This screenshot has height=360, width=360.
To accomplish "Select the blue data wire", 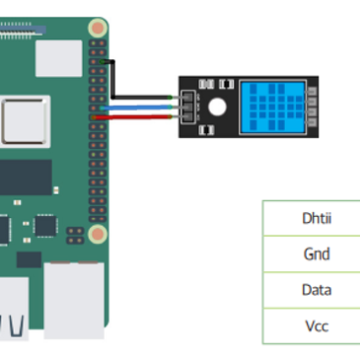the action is pyautogui.click(x=136, y=108).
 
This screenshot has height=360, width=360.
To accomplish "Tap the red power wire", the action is pyautogui.click(x=132, y=117).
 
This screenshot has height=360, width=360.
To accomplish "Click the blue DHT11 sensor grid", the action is pyautogui.click(x=273, y=107).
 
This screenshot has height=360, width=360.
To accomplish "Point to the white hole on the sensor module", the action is pyautogui.click(x=217, y=107).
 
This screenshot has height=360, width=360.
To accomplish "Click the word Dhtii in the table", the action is pyautogui.click(x=317, y=218).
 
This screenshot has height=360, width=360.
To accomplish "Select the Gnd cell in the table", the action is pyautogui.click(x=317, y=254).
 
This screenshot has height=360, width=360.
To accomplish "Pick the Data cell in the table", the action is pyautogui.click(x=317, y=290).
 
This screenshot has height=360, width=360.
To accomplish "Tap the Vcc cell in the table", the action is pyautogui.click(x=317, y=326).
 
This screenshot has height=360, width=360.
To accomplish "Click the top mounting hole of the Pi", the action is pyautogui.click(x=98, y=29).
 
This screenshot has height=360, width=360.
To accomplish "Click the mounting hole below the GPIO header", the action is pyautogui.click(x=98, y=234).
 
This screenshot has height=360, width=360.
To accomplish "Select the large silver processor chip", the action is pyautogui.click(x=24, y=121).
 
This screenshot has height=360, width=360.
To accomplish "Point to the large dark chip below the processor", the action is pyautogui.click(x=26, y=178).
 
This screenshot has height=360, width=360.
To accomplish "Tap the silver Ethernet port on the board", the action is pyautogui.click(x=74, y=301).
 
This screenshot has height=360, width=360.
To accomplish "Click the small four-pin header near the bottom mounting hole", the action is pyautogui.click(x=75, y=236).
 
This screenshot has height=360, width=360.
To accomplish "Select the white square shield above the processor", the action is pyautogui.click(x=59, y=58).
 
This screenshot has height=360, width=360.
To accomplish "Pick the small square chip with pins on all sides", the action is pyautogui.click(x=45, y=226).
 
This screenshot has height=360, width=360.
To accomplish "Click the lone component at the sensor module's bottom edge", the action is pyautogui.click(x=206, y=130).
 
